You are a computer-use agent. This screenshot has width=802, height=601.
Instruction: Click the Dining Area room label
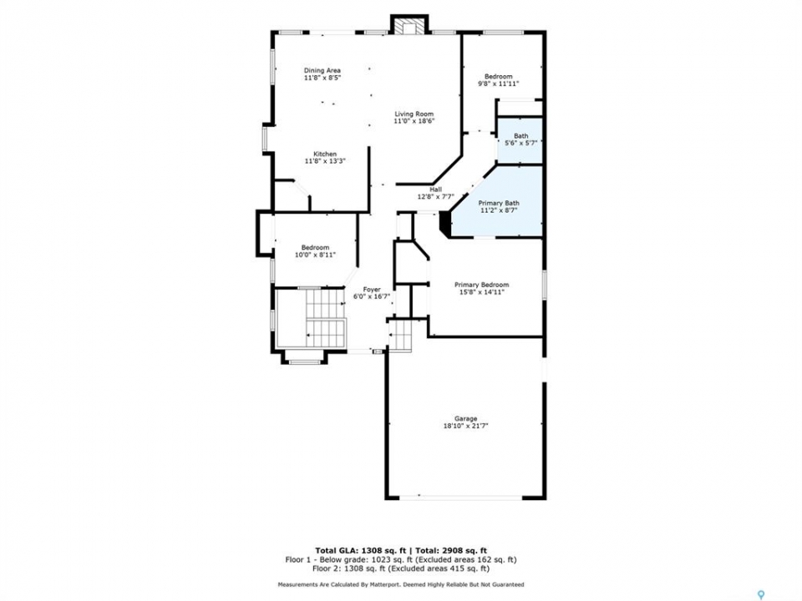(322, 70)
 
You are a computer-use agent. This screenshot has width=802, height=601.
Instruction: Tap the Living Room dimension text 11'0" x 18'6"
(414, 121)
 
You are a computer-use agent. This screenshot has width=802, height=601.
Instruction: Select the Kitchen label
(325, 154)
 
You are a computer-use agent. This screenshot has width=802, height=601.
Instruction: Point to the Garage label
(466, 418)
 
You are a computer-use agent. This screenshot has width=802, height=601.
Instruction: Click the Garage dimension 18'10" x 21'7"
(466, 426)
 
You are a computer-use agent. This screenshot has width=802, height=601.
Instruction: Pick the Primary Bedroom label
(482, 285)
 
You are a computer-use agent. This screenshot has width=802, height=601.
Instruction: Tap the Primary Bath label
(499, 203)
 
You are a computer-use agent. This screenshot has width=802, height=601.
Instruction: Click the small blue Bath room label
(521, 136)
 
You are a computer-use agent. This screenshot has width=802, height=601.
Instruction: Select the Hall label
(436, 189)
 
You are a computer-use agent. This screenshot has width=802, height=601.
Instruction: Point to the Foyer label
(372, 290)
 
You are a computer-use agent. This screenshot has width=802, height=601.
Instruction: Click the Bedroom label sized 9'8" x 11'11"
(499, 77)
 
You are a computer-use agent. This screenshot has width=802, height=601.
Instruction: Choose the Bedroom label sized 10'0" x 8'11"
(315, 247)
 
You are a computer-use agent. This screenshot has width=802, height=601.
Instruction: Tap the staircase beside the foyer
(327, 319)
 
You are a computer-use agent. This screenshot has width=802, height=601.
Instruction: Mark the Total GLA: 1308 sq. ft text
(361, 550)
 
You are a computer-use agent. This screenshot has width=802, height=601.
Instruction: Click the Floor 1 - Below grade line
(401, 559)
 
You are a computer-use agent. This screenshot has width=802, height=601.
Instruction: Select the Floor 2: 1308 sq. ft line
(401, 568)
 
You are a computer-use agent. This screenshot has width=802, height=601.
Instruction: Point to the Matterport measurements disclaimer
(401, 584)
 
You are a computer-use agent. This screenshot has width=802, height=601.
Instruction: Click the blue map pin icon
(762, 595)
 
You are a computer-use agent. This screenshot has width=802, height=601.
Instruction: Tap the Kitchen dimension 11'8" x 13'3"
(325, 161)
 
